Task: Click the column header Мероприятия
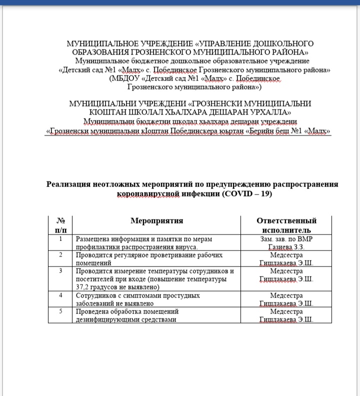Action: (x=156, y=220)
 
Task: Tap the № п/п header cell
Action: (x=60, y=225)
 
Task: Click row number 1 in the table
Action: (x=60, y=238)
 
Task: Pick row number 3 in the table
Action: (x=60, y=270)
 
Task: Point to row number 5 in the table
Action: (x=60, y=311)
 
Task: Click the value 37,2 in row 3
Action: (x=85, y=287)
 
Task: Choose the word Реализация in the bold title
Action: (x=67, y=184)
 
